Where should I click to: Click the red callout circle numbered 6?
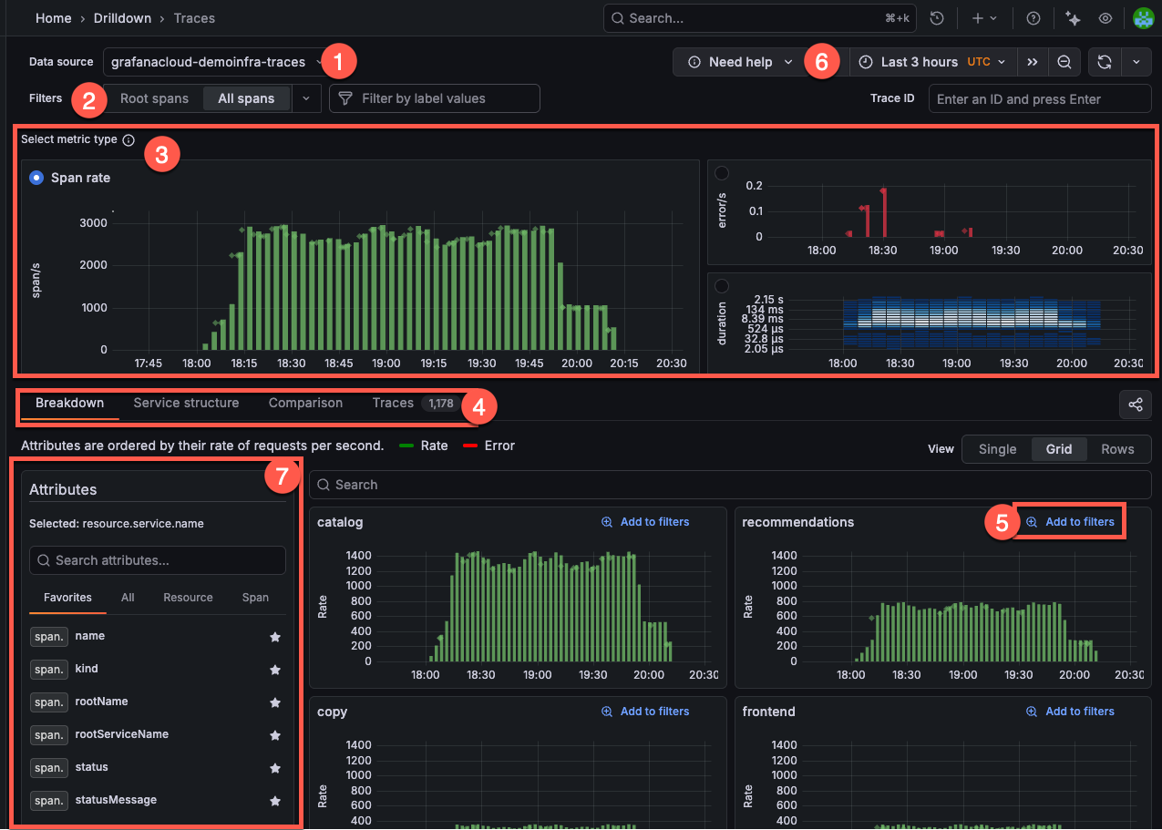[x=821, y=62]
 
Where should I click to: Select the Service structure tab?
[x=186, y=403]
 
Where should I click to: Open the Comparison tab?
[x=305, y=403]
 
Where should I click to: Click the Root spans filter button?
[x=154, y=98]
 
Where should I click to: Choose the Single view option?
[x=997, y=449]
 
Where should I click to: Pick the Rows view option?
[x=1117, y=449]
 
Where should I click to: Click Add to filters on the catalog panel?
[x=645, y=522]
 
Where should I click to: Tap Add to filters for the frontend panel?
[x=1071, y=712]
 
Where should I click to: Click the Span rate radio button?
[x=36, y=178]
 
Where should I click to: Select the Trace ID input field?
[x=1039, y=99]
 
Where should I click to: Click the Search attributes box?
[x=158, y=560]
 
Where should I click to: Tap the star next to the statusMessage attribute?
[x=275, y=801]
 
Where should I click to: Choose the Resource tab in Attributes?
[x=188, y=598]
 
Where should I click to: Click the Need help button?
[x=741, y=62]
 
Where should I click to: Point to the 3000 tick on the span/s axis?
[x=94, y=223]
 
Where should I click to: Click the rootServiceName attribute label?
[x=121, y=734]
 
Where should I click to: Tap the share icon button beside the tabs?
[x=1136, y=405]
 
